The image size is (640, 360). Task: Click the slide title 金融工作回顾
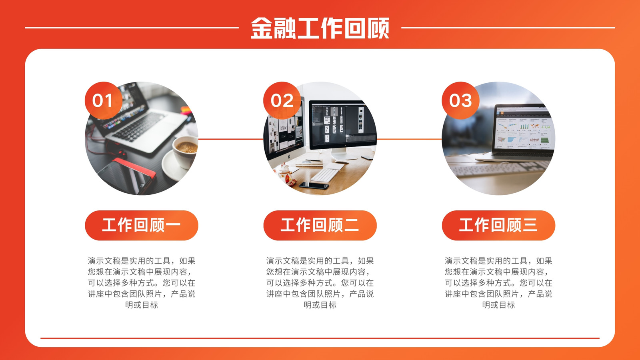320,28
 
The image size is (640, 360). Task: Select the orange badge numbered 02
282,100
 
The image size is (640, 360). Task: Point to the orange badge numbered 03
460,100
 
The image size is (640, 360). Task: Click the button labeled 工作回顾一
142,225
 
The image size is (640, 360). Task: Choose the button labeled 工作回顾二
320,225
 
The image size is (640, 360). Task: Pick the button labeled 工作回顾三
498,225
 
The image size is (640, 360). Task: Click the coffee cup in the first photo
186,152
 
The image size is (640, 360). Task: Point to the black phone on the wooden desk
314,186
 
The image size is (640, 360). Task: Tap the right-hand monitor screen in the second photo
342,124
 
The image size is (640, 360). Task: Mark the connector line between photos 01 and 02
231,139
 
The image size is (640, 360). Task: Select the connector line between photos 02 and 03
409,139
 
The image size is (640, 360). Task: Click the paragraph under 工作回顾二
320,282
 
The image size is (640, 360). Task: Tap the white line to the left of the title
132,28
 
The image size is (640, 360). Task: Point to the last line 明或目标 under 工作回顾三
498,305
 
